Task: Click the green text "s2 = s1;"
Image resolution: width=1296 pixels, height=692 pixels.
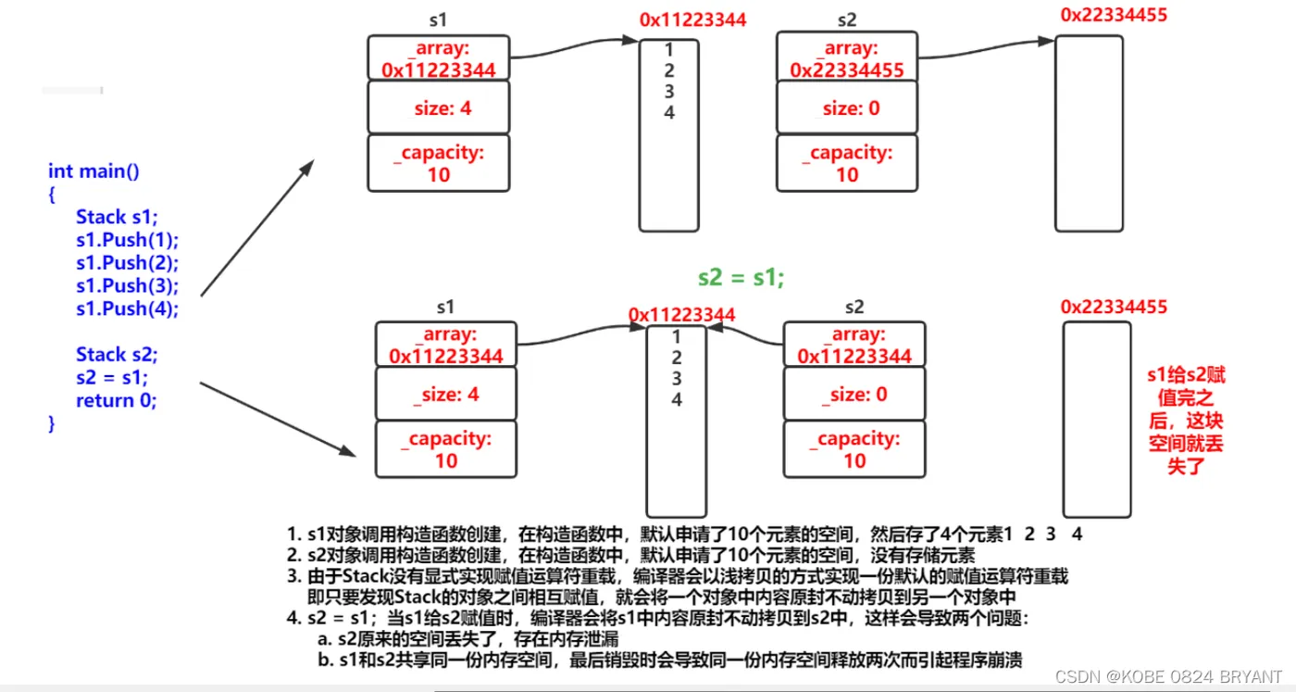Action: point(741,277)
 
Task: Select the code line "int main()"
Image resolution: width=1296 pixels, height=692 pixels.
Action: point(93,170)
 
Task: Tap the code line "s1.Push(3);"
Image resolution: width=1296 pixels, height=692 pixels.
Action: point(128,285)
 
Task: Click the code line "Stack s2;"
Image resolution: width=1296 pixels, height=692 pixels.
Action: point(117,354)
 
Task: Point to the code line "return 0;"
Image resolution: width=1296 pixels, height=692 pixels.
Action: point(117,400)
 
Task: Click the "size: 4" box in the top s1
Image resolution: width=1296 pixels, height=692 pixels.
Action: point(439,107)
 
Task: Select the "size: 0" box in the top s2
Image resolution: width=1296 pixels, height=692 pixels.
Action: point(847,107)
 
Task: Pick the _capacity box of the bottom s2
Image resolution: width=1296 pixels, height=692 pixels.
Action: point(854,449)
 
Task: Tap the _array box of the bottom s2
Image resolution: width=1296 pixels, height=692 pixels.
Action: point(854,345)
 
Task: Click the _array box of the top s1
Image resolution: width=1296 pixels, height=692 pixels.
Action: point(439,58)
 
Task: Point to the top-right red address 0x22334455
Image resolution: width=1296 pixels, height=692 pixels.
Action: point(1114,15)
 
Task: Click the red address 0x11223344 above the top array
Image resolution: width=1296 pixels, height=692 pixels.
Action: point(692,19)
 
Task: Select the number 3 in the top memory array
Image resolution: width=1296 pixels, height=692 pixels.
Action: point(669,92)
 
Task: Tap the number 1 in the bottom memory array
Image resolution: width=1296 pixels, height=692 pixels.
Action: point(677,336)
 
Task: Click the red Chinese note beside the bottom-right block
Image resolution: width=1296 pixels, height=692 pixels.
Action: point(1186,421)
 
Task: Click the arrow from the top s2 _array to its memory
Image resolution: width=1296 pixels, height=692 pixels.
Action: point(987,49)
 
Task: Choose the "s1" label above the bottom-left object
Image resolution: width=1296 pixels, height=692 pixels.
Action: point(445,307)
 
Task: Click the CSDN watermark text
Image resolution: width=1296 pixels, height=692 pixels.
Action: point(1168,676)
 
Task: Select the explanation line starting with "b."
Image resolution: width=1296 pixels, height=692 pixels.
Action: point(670,660)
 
